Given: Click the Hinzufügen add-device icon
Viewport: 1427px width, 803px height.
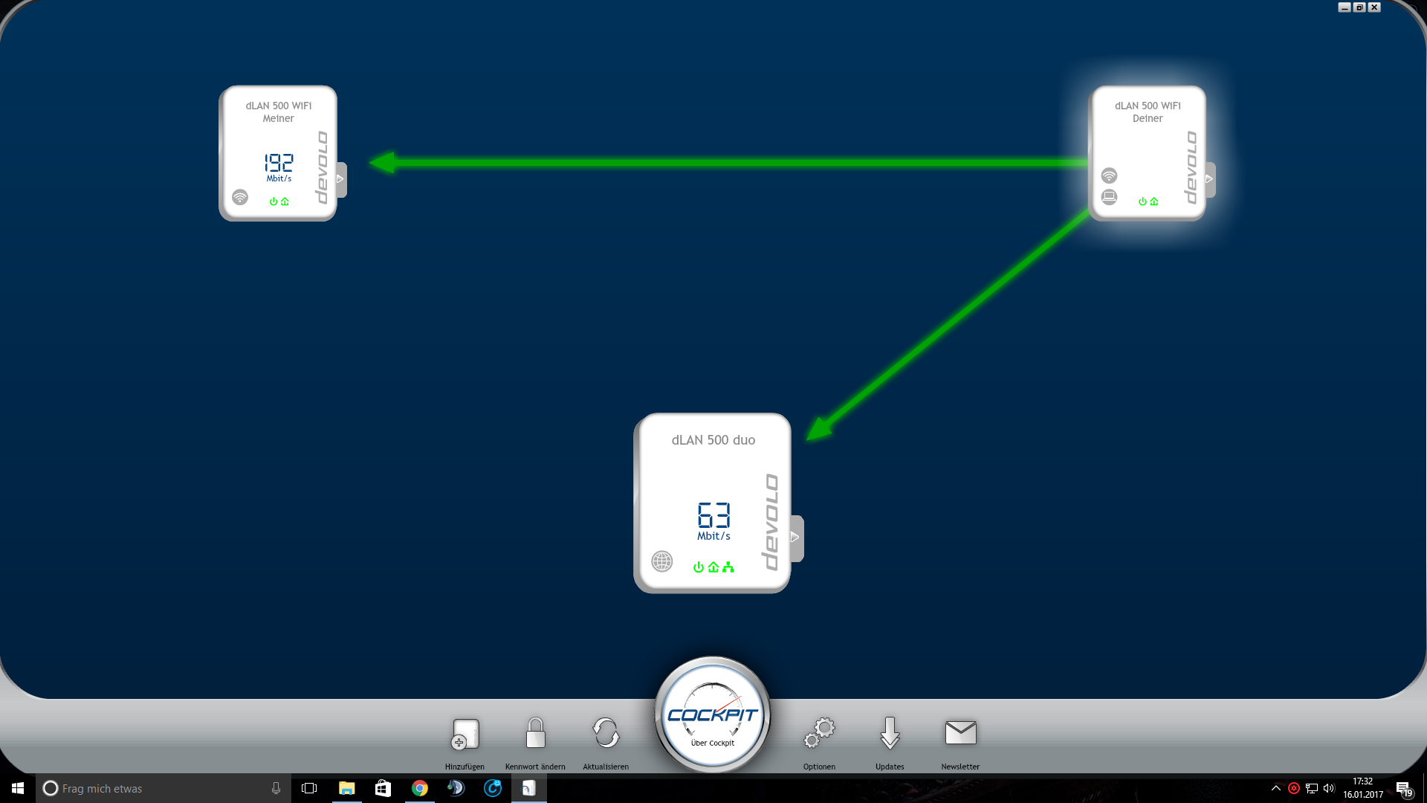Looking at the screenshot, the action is [465, 734].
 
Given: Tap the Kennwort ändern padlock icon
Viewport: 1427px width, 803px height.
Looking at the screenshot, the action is [535, 733].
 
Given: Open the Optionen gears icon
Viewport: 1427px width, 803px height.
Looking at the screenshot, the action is [820, 733].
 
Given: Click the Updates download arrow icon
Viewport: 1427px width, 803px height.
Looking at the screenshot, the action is [890, 733].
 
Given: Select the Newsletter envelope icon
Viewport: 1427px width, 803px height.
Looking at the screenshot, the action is [960, 732].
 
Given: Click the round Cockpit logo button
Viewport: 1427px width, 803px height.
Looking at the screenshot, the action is [712, 715].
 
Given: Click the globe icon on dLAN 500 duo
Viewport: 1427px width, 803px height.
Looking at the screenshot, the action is [661, 561].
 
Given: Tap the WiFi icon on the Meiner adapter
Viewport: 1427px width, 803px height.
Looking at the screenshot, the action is [240, 197].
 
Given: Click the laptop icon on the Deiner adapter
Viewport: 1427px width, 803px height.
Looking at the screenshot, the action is [1109, 197].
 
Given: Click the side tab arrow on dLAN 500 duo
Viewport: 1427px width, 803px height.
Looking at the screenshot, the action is [795, 537].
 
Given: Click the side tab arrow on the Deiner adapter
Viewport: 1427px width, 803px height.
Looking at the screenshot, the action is [1209, 178].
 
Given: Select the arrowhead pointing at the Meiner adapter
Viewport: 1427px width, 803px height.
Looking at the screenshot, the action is [383, 162].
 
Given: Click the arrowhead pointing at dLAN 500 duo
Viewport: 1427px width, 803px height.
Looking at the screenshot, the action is [819, 429].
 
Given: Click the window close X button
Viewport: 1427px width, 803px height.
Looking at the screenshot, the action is [1374, 7].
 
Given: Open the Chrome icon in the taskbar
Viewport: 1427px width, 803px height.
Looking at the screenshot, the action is [420, 788].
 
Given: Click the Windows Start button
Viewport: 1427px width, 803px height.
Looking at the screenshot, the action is [18, 788].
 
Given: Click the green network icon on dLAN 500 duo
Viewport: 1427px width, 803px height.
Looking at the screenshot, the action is [728, 567].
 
